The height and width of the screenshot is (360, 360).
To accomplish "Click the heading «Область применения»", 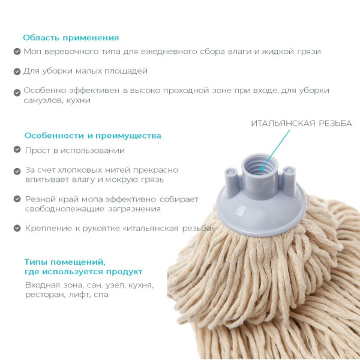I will [71, 37].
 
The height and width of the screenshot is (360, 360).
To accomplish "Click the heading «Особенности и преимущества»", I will [92, 136].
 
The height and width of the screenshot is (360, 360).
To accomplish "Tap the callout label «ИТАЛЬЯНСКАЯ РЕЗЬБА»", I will [301, 124].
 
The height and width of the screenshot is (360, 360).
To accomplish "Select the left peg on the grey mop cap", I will [230, 175].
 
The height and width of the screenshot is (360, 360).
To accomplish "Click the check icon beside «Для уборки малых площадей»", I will [17, 71].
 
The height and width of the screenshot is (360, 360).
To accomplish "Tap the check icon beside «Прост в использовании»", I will [17, 151].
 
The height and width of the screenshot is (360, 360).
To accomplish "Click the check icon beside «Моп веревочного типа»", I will [17, 52].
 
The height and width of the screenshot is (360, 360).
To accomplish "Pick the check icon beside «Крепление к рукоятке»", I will [17, 229].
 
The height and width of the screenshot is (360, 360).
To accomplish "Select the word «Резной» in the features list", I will [40, 199].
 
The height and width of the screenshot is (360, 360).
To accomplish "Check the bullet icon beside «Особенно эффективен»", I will [17, 92].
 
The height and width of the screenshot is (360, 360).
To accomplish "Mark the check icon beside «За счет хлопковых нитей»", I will [17, 171].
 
